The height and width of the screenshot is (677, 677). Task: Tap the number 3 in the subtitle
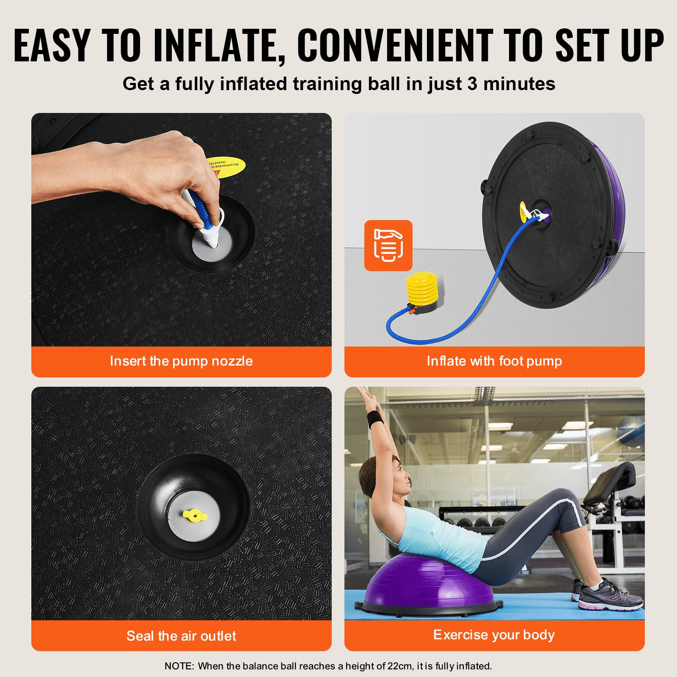[x=472, y=84]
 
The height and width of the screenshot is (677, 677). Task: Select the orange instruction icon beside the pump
[x=388, y=245]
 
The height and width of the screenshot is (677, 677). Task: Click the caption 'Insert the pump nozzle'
[x=181, y=361]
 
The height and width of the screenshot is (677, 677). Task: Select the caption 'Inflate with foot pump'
[x=494, y=361]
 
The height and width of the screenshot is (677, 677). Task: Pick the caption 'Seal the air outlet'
[x=181, y=636]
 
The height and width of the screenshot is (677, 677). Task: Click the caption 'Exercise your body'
[x=494, y=635]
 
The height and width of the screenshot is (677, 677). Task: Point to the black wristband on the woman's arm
[x=375, y=418]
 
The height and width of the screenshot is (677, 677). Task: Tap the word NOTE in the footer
[x=179, y=666]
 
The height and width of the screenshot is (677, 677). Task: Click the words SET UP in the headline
[x=609, y=45]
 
